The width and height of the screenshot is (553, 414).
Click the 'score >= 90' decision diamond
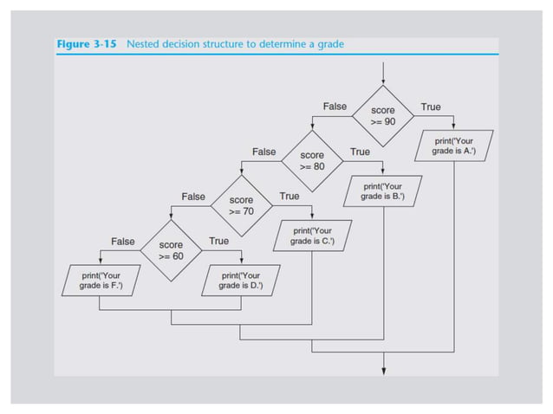pyautogui.click(x=382, y=116)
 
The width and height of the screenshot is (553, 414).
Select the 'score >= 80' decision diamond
pyautogui.click(x=312, y=160)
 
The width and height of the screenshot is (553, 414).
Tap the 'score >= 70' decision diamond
pyautogui.click(x=241, y=205)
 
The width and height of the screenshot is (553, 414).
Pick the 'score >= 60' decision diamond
pyautogui.click(x=171, y=250)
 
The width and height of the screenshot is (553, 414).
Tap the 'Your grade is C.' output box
pyautogui.click(x=312, y=236)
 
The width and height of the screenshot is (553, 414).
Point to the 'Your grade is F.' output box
pyautogui.click(x=101, y=281)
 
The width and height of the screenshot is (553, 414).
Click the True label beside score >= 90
pyautogui.click(x=430, y=107)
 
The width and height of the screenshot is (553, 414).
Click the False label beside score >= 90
pyautogui.click(x=335, y=107)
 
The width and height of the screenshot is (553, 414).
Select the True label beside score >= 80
pyautogui.click(x=360, y=152)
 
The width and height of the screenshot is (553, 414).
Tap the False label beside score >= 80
pyautogui.click(x=263, y=152)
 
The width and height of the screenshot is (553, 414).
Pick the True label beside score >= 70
pyautogui.click(x=290, y=197)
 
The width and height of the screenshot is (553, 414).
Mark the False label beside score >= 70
pyautogui.click(x=193, y=197)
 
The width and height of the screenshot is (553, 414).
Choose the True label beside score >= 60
pyautogui.click(x=219, y=241)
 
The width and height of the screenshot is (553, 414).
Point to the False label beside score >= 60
pyautogui.click(x=122, y=241)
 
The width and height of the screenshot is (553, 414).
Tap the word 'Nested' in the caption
pyautogui.click(x=145, y=44)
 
